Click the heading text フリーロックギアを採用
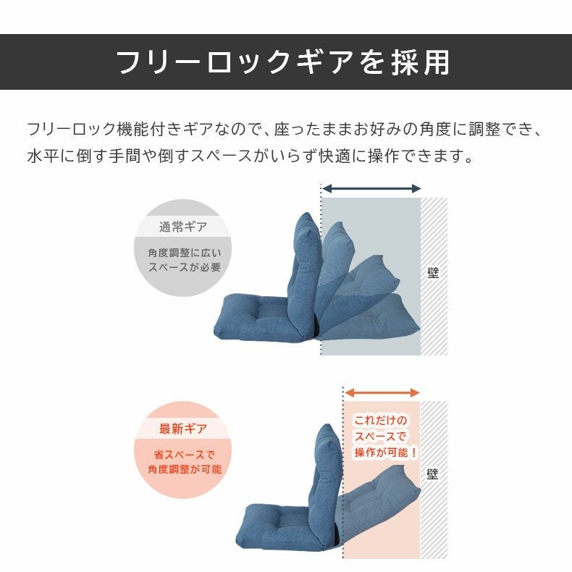[283, 62]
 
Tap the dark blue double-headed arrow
[371, 188]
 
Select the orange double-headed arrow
[382, 392]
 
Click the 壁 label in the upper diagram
[433, 272]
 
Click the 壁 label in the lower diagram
[432, 474]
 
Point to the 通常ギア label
[182, 227]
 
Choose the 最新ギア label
[182, 428]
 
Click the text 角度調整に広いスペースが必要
[184, 260]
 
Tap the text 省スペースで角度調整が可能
[184, 462]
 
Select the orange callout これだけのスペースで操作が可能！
[386, 437]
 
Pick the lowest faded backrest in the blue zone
[370, 318]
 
